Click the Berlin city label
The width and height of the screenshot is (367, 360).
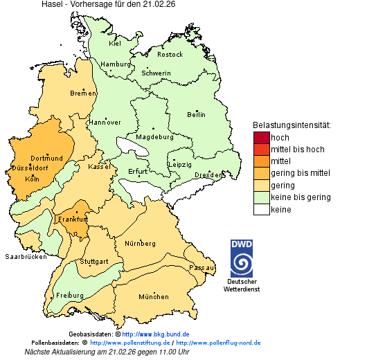tap(196, 114)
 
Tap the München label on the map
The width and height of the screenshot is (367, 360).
tap(153, 297)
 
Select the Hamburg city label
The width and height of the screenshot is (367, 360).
tap(116, 64)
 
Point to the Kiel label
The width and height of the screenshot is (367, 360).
tap(115, 43)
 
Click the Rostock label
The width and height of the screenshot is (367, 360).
tap(170, 54)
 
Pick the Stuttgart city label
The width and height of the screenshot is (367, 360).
tap(93, 262)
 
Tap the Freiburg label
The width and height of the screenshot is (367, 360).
tap(69, 296)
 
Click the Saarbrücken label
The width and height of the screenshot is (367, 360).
tap(26, 256)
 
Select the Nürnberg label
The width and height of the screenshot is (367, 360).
tap(140, 244)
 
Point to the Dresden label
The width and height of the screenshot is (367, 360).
tap(208, 175)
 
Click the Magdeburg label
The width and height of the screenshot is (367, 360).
tap(154, 136)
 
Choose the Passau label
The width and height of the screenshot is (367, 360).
tap(202, 267)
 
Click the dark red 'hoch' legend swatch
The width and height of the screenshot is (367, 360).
tap(261, 137)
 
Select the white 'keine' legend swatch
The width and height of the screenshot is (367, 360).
tap(261, 210)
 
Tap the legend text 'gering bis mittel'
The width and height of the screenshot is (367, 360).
tap(300, 173)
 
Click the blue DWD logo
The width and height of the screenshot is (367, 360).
tap(242, 258)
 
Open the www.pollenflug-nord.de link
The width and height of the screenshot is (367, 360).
tap(218, 343)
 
